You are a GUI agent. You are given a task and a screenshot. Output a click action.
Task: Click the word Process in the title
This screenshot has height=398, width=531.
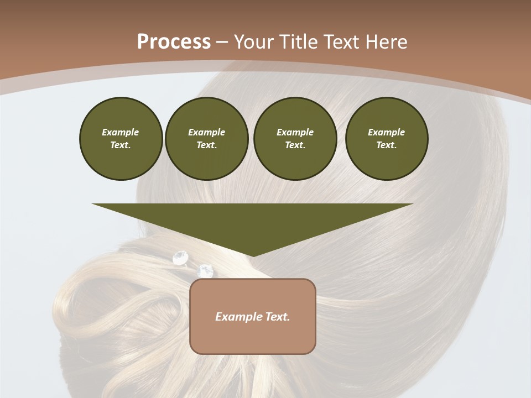click(x=174, y=42)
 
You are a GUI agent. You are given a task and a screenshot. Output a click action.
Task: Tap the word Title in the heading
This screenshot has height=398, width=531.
click(x=298, y=42)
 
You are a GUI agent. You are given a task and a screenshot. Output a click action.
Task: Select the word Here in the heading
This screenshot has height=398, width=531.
click(x=387, y=42)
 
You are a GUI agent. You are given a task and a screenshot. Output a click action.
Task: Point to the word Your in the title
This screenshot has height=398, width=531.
click(x=254, y=42)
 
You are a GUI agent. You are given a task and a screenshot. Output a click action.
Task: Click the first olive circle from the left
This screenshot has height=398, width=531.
click(x=121, y=139)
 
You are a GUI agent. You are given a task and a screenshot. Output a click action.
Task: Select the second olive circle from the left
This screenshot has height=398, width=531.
click(x=206, y=139)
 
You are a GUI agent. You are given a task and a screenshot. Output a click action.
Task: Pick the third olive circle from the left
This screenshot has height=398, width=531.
click(x=295, y=139)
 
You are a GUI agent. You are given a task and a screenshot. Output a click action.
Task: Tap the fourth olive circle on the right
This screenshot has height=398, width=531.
click(x=386, y=139)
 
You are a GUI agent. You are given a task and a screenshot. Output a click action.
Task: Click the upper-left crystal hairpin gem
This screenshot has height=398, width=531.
click(x=180, y=257)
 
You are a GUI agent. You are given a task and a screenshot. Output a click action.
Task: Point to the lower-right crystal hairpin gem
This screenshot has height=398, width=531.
click(x=205, y=270)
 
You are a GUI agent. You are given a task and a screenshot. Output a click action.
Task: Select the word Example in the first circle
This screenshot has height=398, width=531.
click(x=121, y=132)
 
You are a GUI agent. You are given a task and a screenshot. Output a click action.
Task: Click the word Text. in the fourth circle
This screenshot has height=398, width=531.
click(x=386, y=145)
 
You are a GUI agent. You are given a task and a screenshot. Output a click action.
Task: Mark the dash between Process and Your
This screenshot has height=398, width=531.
click(x=222, y=42)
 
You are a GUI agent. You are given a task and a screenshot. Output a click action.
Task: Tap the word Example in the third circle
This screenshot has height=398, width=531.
click(x=295, y=132)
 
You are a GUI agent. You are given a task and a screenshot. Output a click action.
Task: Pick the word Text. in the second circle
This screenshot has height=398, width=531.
click(x=206, y=145)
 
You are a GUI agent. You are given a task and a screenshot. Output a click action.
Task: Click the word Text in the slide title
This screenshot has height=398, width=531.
click(x=343, y=42)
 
